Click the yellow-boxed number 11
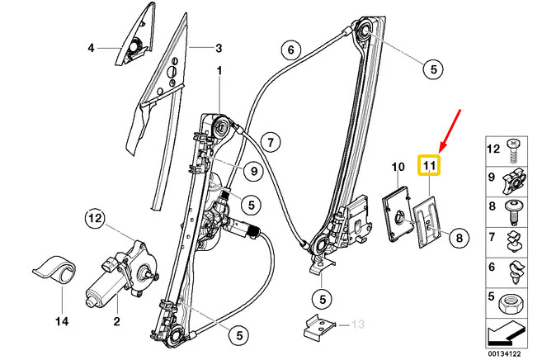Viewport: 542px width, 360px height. (x=429, y=166)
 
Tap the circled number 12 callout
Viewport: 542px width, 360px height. (x=97, y=219)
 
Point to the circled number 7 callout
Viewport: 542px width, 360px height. (x=269, y=139)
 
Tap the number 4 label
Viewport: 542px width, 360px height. (x=92, y=48)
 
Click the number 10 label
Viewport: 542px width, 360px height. (x=397, y=167)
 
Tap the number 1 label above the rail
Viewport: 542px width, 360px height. (x=220, y=71)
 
